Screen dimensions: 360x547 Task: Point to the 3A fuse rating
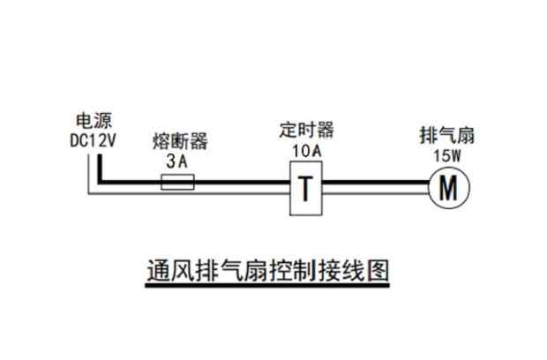[177, 161]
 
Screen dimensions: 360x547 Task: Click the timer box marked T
[307, 188]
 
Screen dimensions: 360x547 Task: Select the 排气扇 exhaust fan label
[447, 136]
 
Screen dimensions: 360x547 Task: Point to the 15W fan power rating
[446, 155]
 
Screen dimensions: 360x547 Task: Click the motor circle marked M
[448, 188]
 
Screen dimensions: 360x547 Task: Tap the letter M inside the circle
[448, 188]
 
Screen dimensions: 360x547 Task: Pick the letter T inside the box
[307, 188]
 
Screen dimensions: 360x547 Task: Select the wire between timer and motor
[375, 184]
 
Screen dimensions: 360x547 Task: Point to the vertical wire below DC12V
[101, 168]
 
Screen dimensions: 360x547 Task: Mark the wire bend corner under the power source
[101, 184]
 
